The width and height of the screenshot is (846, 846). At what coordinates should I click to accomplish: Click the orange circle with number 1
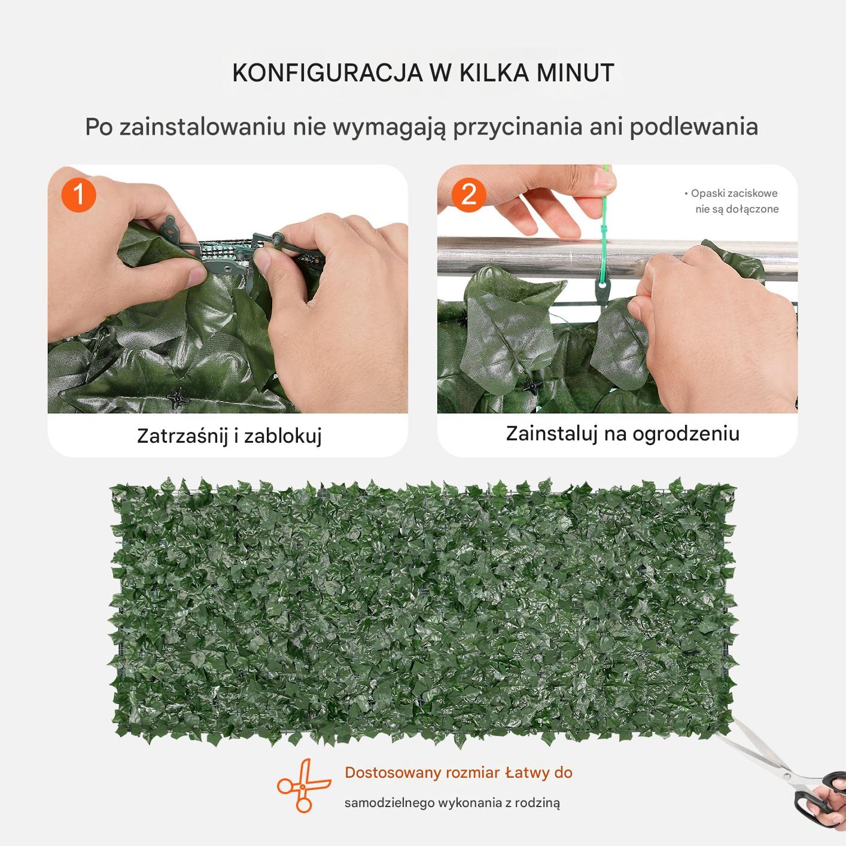pos(78,194)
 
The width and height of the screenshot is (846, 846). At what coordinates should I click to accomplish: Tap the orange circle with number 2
pos(468,194)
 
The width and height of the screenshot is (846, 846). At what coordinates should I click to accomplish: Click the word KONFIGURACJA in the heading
pos(327,73)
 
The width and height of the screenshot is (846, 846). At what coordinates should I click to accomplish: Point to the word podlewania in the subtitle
pos(694,127)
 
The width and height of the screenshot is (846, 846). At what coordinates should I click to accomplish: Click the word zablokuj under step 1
pos(283,436)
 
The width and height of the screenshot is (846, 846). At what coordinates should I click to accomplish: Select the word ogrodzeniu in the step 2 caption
pos(686,434)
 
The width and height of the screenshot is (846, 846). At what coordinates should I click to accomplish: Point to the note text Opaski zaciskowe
pos(734,193)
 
